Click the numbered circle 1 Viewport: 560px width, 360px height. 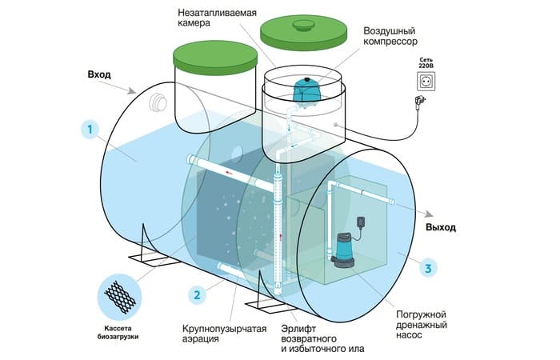(x=90, y=130)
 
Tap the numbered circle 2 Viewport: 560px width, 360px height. (x=197, y=294)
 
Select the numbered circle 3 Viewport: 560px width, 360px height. (x=428, y=268)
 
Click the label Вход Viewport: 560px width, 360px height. (x=99, y=74)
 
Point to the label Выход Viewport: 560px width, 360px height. (x=440, y=227)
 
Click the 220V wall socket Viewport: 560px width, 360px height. (x=426, y=82)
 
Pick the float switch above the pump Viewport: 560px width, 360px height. (x=361, y=222)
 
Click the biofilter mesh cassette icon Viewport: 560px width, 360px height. (x=120, y=297)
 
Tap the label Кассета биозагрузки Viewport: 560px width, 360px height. (x=118, y=333)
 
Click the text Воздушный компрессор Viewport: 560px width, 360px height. (x=390, y=36)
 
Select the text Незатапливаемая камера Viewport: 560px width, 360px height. (x=217, y=18)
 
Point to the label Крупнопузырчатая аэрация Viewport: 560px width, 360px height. (x=224, y=334)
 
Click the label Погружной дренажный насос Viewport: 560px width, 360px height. (x=422, y=325)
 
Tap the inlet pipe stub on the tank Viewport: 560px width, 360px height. (x=158, y=102)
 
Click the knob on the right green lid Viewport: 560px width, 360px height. (x=303, y=25)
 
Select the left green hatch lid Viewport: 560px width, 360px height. (x=215, y=58)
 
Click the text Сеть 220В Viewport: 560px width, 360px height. (x=426, y=63)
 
